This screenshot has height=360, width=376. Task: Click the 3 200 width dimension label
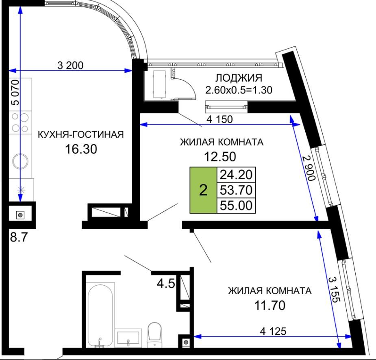pyautogui.click(x=70, y=65)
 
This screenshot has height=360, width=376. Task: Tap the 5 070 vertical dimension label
pyautogui.click(x=15, y=93)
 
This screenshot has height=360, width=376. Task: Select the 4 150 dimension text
pyautogui.click(x=220, y=119)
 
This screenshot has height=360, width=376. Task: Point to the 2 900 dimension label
pyautogui.click(x=309, y=168)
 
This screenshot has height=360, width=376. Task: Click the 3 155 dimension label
pyautogui.click(x=334, y=290)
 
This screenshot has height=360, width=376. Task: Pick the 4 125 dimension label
pyautogui.click(x=273, y=331)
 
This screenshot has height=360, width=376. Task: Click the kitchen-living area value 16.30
pyautogui.click(x=81, y=149)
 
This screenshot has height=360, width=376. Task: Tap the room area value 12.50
pyautogui.click(x=220, y=157)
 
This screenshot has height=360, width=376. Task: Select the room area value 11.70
pyautogui.click(x=270, y=306)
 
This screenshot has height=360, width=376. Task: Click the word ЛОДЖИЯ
pyautogui.click(x=239, y=78)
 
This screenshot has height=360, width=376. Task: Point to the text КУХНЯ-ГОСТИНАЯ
pyautogui.click(x=81, y=134)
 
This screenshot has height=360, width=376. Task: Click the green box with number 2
pyautogui.click(x=203, y=190)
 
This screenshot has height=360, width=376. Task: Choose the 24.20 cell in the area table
pyautogui.click(x=236, y=175)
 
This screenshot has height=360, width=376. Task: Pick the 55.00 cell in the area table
pyautogui.click(x=236, y=206)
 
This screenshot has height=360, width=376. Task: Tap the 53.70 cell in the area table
pyautogui.click(x=236, y=190)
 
